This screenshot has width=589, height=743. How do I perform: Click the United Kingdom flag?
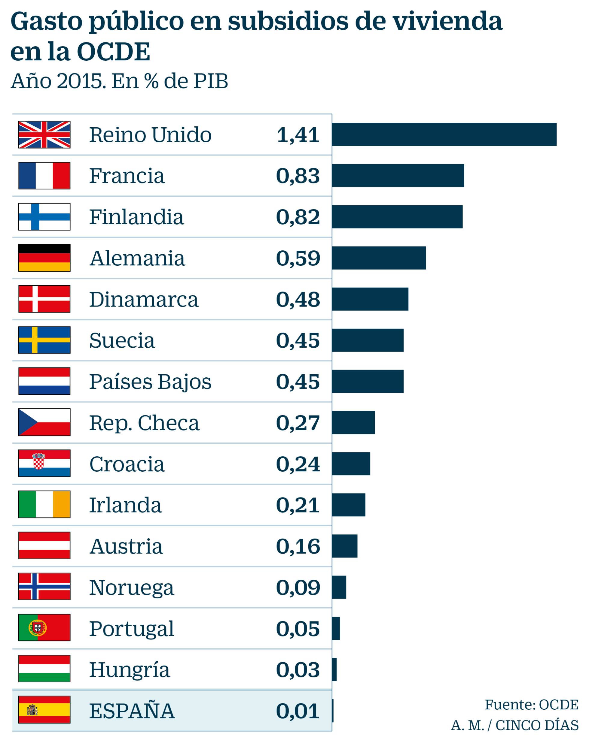click(44, 135)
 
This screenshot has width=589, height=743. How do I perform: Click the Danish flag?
click(44, 299)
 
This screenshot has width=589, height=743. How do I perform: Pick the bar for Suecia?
click(368, 340)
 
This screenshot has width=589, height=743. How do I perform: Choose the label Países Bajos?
click(150, 382)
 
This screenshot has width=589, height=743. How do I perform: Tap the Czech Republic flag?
click(44, 422)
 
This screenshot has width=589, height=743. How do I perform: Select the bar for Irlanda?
click(348, 505)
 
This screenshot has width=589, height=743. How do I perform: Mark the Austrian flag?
click(44, 546)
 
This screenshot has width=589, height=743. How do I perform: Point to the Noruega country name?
click(132, 587)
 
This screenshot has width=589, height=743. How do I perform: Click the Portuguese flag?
click(44, 628)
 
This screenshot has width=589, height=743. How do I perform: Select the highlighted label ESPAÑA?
click(132, 711)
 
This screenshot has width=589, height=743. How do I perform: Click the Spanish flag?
click(44, 710)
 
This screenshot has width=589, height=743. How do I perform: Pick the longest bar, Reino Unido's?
click(444, 134)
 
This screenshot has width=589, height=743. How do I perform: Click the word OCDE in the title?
click(114, 52)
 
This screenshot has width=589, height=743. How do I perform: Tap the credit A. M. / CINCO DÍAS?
click(514, 725)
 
